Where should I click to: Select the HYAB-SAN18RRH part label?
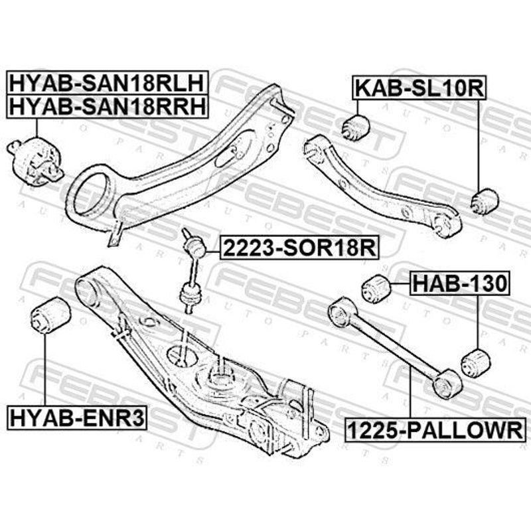pyautogui.click(x=107, y=106)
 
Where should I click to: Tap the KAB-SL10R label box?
pyautogui.click(x=419, y=88)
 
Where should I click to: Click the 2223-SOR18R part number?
pyautogui.click(x=299, y=248)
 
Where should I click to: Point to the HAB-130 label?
pyautogui.click(x=460, y=283)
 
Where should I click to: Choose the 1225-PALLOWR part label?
pyautogui.click(x=435, y=430)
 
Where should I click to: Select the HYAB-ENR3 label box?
pyautogui.click(x=76, y=417)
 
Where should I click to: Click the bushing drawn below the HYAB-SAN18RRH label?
pyautogui.click(x=35, y=161)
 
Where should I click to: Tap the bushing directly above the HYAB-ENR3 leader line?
pyautogui.click(x=50, y=315)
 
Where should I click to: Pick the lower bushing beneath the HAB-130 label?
pyautogui.click(x=476, y=363)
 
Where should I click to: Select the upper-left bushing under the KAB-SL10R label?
pyautogui.click(x=355, y=127)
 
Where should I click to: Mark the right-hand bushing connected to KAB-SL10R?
pyautogui.click(x=485, y=202)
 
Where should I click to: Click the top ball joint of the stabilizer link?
pyautogui.click(x=194, y=246)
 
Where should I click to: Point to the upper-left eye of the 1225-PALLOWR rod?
pyautogui.click(x=342, y=311)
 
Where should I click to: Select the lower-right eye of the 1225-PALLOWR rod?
pyautogui.click(x=447, y=384)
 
